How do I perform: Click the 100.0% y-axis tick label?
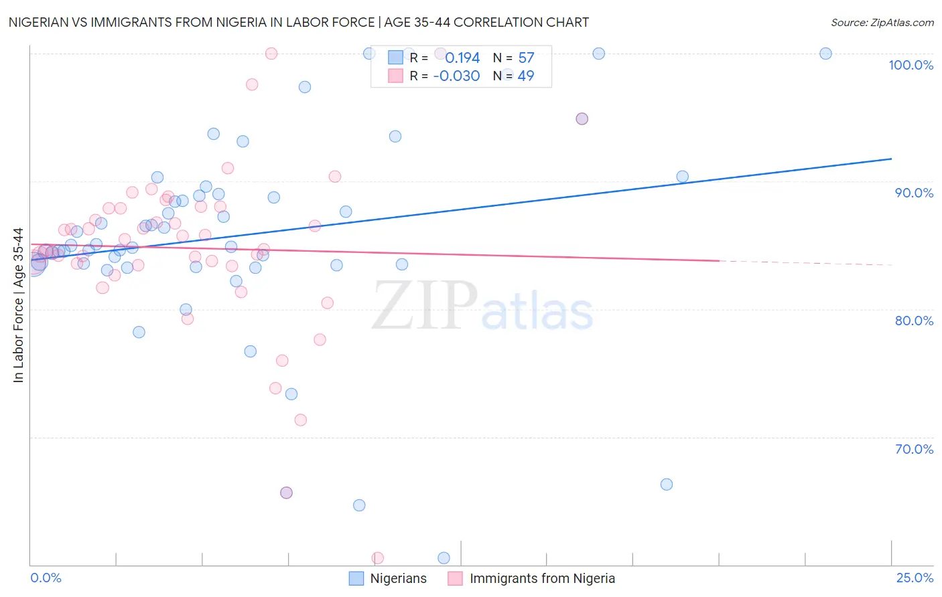[x=911, y=65]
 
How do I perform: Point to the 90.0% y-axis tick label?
[x=914, y=193]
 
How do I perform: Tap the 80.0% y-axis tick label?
[x=914, y=321]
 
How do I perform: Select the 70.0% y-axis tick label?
[x=914, y=449]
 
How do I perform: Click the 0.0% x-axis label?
[x=46, y=578]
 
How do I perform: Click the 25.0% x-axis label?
[x=915, y=578]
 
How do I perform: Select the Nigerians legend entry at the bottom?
[x=398, y=578]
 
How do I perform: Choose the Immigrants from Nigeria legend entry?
[x=542, y=578]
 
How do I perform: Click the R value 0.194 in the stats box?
[x=462, y=58]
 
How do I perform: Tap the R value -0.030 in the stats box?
[x=456, y=76]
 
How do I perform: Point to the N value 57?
[x=526, y=58]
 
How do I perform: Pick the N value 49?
[x=526, y=76]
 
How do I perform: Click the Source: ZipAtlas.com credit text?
[x=882, y=22]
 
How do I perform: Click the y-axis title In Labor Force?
[x=18, y=305]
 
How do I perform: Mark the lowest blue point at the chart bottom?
[x=444, y=558]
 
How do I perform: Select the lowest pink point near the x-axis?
[x=377, y=558]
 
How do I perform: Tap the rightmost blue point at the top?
[x=825, y=54]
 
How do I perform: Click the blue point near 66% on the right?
[x=666, y=484]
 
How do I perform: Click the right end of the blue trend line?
[x=891, y=159]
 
